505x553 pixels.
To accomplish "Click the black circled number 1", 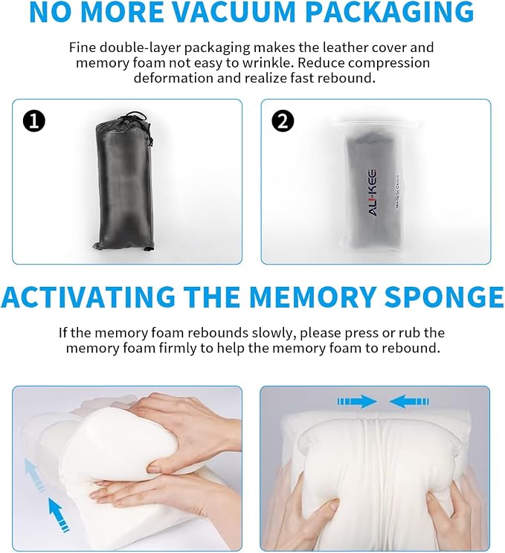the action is [34, 121].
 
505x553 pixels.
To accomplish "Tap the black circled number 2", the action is [283, 121].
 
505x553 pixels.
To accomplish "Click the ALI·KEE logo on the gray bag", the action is [373, 193].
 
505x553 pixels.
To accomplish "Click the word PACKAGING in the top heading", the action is [390, 12].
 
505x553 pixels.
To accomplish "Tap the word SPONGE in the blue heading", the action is [444, 297].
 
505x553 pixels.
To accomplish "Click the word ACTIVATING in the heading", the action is [89, 297].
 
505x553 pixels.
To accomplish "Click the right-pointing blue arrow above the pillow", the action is [357, 401].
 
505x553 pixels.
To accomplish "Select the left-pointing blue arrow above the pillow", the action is [409, 401].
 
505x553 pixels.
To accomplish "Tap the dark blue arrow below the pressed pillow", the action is [58, 514].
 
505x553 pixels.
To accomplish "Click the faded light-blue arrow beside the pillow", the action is [34, 473].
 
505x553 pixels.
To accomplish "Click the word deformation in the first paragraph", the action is [173, 77].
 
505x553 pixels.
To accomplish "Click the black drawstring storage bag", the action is [123, 181].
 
